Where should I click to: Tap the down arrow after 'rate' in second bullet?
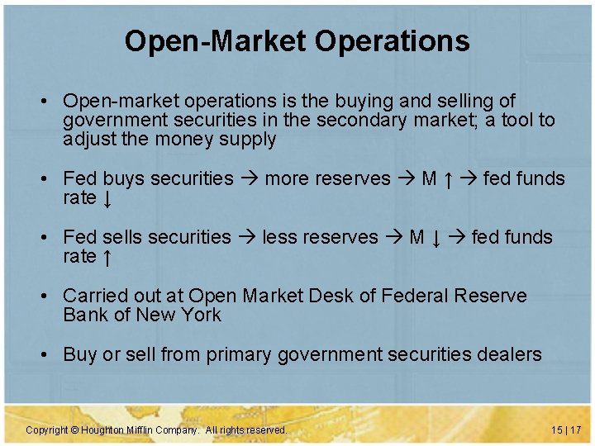[107, 199]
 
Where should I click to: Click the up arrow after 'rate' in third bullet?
[107, 257]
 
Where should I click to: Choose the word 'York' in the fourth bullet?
[202, 315]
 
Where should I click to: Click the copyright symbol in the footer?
[74, 430]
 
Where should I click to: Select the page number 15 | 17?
[566, 430]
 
